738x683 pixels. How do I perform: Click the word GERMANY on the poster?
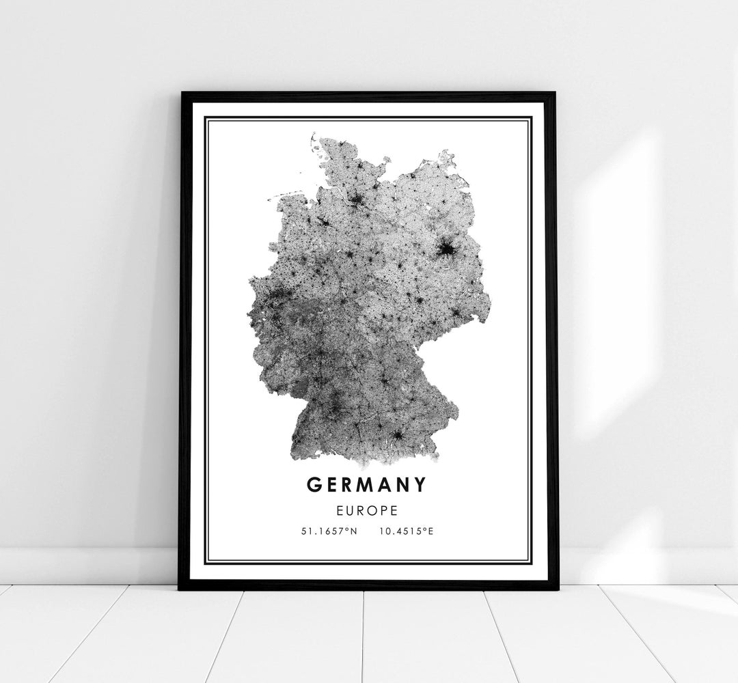[366, 485]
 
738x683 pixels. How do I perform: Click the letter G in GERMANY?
[314, 485]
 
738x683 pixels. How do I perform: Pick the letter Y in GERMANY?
[419, 485]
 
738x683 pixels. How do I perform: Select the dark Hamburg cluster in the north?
[357, 199]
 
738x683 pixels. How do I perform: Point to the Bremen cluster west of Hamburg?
[323, 222]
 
